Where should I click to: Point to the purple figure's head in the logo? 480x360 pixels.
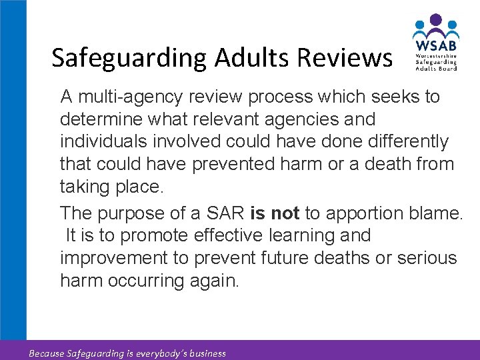(435, 21)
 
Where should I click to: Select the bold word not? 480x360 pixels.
(285, 213)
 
